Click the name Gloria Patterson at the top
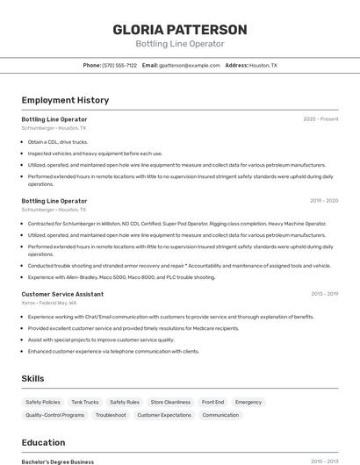pos(180,29)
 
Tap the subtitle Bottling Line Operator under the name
pos(180,44)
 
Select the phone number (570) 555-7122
pos(119,66)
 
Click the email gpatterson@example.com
pos(190,66)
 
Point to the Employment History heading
pos(65,101)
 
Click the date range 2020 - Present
pos(320,119)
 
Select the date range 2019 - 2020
pos(323,201)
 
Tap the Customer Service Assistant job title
pos(62,294)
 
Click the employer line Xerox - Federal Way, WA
pos(49,303)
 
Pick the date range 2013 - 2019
pos(324,294)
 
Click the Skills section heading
pos(33,378)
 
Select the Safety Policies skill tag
pos(43,402)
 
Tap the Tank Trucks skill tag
pos(85,402)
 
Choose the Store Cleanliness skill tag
pos(170,402)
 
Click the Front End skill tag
pos(212,402)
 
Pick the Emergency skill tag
pos(248,402)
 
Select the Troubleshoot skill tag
pos(111,415)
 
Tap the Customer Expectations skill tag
pos(164,415)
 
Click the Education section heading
pos(43,442)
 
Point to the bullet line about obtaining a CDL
pos(58,141)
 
